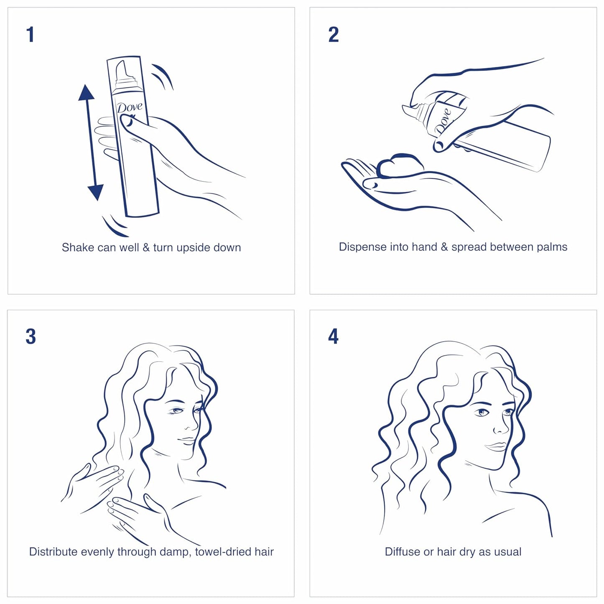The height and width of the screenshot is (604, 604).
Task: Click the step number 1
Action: coord(30,34)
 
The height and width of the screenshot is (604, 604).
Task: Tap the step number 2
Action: coord(333,34)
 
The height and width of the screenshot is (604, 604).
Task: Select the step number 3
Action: coord(31,336)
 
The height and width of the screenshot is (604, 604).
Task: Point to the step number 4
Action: coord(333,336)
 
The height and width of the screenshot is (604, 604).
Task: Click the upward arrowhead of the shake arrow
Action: coord(86,93)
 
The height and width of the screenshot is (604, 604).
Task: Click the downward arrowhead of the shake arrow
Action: coord(96,192)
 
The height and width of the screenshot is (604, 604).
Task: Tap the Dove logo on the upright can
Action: coord(129,107)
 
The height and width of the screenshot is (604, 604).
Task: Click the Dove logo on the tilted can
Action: coord(443,121)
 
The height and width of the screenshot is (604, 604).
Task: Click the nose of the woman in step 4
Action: coord(500,429)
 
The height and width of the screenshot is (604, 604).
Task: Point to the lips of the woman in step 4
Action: coord(497,447)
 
